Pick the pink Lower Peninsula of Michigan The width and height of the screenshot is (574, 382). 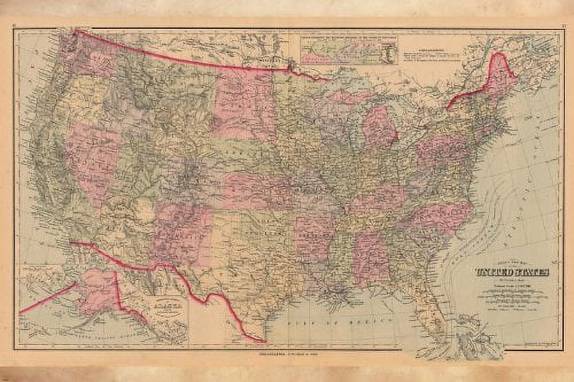(378, 126)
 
